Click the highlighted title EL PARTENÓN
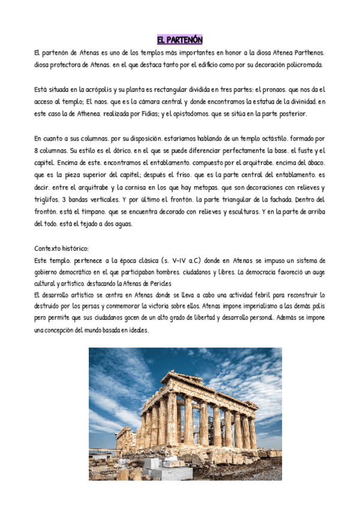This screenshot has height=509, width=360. click(179, 40)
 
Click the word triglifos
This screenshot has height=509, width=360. click(47, 199)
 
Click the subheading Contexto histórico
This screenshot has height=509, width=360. click(61, 247)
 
